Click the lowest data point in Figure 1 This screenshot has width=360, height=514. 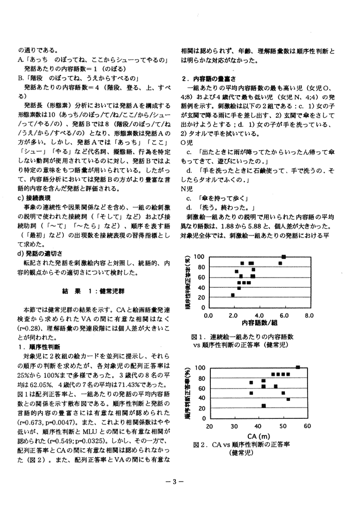233,295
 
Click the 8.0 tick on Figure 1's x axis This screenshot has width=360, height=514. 309,315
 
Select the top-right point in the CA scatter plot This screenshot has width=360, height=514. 298,367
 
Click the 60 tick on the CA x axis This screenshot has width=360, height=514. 308,426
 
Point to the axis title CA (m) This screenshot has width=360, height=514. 259,435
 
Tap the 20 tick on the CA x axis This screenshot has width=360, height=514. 210,426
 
